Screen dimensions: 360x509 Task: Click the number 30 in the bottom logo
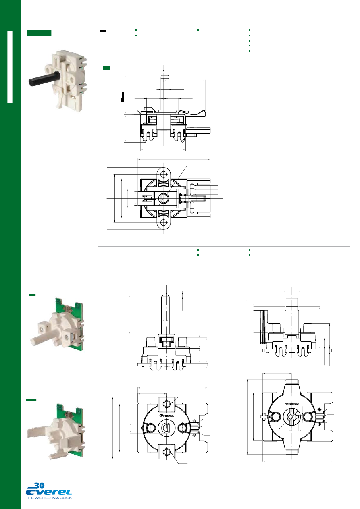pos(40,486)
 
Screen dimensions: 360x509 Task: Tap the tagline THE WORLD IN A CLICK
pos(49,498)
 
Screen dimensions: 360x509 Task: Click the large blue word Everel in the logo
pos(49,492)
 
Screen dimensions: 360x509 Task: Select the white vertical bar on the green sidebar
pos(10,66)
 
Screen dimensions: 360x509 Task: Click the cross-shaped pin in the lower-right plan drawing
pos(263,417)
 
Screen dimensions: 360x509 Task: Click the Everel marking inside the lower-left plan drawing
pos(167,416)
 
